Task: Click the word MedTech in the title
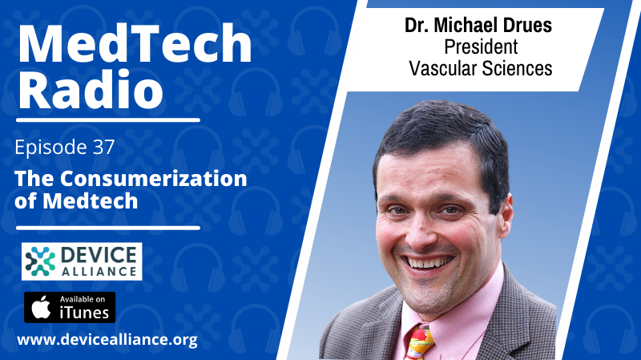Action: point(135,43)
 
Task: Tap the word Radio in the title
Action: point(91,89)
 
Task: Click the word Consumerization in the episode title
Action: point(154,178)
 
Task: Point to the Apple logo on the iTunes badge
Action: point(42,307)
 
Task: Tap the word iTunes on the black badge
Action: point(84,313)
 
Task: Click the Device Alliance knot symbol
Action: point(40,261)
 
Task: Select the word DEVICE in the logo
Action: point(99,255)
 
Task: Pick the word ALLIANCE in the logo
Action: point(99,272)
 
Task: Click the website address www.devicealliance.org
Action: point(107,339)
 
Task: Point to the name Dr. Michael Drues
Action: point(478,26)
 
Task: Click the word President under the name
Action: point(481,47)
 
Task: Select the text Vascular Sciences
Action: point(481,68)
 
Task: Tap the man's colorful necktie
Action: point(419,343)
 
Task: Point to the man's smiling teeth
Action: point(428,262)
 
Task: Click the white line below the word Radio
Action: point(108,120)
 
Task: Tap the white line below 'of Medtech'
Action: point(108,228)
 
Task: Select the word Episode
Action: point(50,148)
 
